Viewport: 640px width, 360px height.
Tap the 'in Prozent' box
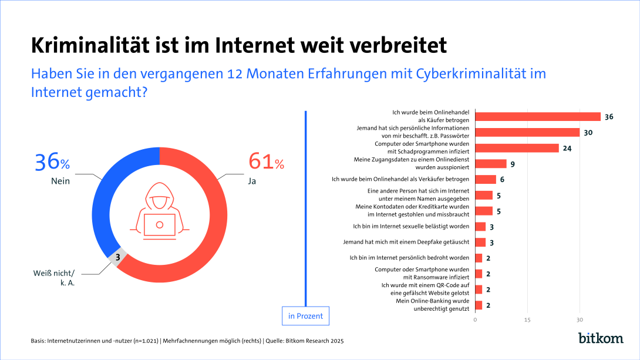click(305, 316)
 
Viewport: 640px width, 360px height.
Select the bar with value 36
click(537, 116)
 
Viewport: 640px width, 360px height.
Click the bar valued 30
click(527, 132)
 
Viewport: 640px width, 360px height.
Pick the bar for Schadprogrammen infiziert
click(517, 148)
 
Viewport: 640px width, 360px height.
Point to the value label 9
click(513, 164)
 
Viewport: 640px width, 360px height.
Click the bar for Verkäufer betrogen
click(485, 179)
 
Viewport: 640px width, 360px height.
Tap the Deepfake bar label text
click(406, 242)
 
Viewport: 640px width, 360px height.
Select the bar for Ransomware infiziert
click(479, 274)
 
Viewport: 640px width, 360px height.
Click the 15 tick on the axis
click(527, 320)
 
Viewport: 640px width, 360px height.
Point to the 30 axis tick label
click(580, 320)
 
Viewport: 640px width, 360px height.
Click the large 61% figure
click(266, 161)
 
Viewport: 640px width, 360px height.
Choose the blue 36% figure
click(52, 161)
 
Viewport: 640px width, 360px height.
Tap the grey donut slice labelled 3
click(117, 257)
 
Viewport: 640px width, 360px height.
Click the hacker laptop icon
click(159, 216)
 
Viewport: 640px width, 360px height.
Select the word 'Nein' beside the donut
click(60, 181)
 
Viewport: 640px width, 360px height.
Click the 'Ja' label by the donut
click(252, 181)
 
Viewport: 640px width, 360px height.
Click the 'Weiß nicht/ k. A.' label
click(58, 277)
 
